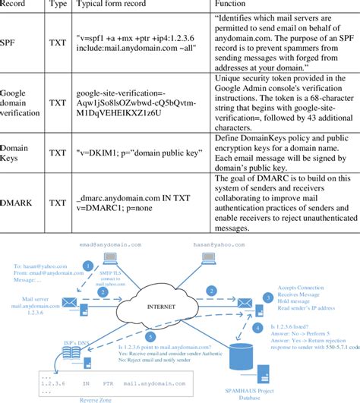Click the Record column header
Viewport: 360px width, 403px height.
coord(17,5)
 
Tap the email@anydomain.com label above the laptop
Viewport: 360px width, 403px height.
coord(111,245)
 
